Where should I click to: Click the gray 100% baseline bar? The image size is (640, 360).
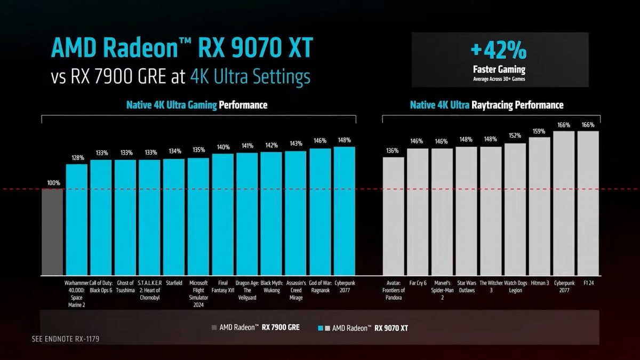(x=52, y=231)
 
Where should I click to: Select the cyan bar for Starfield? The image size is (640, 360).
(x=174, y=217)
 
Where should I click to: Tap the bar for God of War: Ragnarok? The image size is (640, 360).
(x=320, y=211)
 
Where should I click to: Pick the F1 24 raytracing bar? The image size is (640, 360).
(x=588, y=203)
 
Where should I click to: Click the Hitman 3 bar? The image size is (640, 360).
(x=539, y=206)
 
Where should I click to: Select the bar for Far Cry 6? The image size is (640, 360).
(x=418, y=211)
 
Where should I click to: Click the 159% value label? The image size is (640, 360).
(x=539, y=131)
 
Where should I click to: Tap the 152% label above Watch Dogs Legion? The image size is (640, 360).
(x=515, y=135)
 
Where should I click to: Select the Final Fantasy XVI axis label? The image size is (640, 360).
(x=223, y=286)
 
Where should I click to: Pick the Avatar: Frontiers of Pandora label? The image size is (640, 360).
(x=394, y=290)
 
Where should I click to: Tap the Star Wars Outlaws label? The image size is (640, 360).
(x=466, y=286)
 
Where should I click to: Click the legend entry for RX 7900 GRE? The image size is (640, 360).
(x=255, y=327)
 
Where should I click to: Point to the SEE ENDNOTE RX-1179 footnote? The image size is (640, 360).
(x=66, y=339)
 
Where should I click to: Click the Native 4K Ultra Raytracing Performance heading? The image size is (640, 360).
(x=486, y=105)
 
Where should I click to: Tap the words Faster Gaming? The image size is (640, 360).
(x=499, y=69)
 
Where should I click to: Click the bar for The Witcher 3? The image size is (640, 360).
(x=491, y=211)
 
